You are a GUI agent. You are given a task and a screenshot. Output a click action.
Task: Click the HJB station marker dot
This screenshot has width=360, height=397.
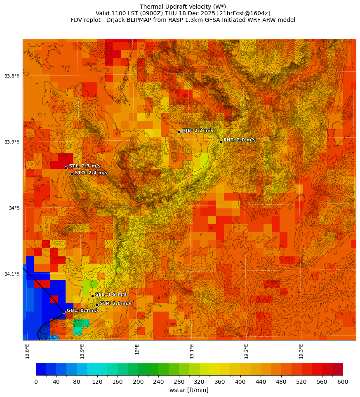(x=179, y=132)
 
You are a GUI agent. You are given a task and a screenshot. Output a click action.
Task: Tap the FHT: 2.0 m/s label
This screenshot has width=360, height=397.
(x=239, y=140)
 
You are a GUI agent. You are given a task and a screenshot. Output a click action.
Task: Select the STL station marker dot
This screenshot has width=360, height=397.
(x=66, y=168)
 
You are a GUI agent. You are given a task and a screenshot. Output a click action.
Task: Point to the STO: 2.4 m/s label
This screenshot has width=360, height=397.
(x=91, y=173)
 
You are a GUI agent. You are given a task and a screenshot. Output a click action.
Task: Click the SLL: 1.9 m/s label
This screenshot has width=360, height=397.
(x=111, y=294)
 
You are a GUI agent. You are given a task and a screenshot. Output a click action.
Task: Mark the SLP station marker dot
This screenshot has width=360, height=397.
(x=97, y=305)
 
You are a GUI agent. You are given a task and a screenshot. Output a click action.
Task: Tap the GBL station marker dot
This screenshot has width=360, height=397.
(x=64, y=312)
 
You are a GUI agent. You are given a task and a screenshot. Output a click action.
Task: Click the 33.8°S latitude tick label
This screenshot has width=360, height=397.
(x=12, y=76)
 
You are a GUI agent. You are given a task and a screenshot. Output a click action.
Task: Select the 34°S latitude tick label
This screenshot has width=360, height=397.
(x=14, y=208)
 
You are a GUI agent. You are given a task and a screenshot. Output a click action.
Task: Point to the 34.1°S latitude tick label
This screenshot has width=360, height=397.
(x=12, y=274)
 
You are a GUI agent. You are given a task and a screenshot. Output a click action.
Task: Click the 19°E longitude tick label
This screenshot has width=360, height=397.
(x=137, y=349)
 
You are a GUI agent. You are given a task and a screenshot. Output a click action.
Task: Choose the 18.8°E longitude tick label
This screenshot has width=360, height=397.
(x=28, y=351)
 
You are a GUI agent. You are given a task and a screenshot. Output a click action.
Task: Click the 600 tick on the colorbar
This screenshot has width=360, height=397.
(x=343, y=382)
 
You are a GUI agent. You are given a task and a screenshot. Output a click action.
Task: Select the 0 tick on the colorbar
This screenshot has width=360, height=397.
(x=36, y=382)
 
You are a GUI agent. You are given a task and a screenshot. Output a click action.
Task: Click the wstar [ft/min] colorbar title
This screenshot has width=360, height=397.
(x=189, y=390)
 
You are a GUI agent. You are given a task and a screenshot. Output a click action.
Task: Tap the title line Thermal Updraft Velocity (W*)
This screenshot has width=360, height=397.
(x=183, y=7)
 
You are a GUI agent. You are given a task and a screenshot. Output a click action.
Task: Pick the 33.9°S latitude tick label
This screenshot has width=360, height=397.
(x=12, y=142)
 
